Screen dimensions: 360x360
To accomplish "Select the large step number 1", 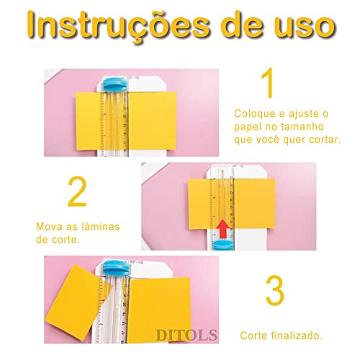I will click(268, 85).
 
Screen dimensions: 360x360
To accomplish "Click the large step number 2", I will click(77, 193).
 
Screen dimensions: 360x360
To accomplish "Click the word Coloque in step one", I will click(253, 114).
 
